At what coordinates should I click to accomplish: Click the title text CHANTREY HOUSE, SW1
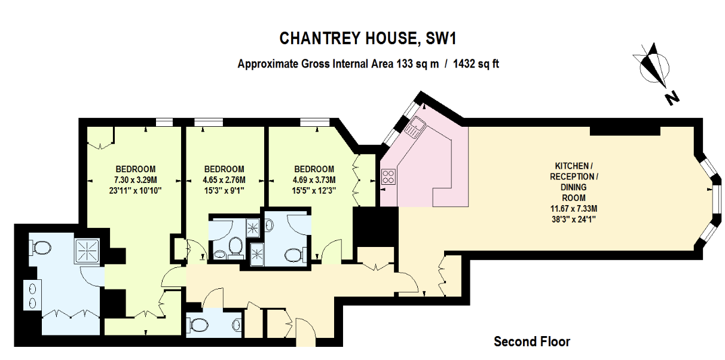(368, 38)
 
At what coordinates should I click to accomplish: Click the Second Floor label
(532, 341)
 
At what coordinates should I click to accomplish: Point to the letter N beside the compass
(672, 98)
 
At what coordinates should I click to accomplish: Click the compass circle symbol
(654, 68)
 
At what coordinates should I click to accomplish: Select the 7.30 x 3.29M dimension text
(135, 180)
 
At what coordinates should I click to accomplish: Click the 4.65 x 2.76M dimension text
(224, 180)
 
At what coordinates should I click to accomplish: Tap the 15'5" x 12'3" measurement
(314, 190)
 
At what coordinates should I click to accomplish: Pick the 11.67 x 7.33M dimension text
(574, 209)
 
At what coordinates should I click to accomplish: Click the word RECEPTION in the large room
(572, 177)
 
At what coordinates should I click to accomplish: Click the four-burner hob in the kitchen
(388, 177)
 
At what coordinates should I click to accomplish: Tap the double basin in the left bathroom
(32, 296)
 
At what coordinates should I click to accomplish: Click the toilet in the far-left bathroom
(40, 248)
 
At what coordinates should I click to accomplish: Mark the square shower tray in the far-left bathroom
(87, 251)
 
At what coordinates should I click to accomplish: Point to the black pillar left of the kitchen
(375, 227)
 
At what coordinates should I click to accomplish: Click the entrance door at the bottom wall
(305, 334)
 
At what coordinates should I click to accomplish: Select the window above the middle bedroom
(209, 123)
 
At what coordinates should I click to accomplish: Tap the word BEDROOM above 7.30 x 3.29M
(136, 169)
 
